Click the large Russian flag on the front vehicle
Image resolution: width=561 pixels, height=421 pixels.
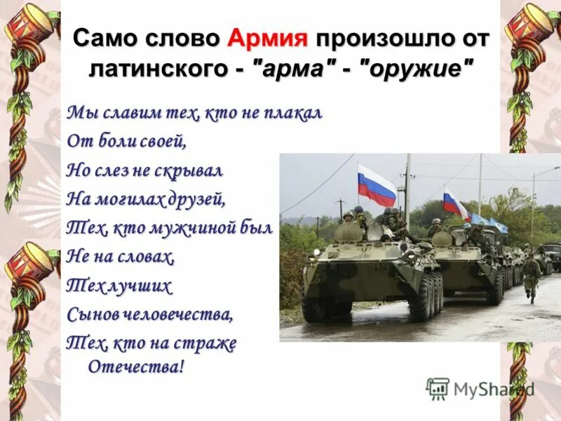[x=377, y=185]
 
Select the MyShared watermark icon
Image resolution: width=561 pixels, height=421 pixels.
[x=438, y=389]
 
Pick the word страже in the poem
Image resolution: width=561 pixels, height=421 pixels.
[x=210, y=344]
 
